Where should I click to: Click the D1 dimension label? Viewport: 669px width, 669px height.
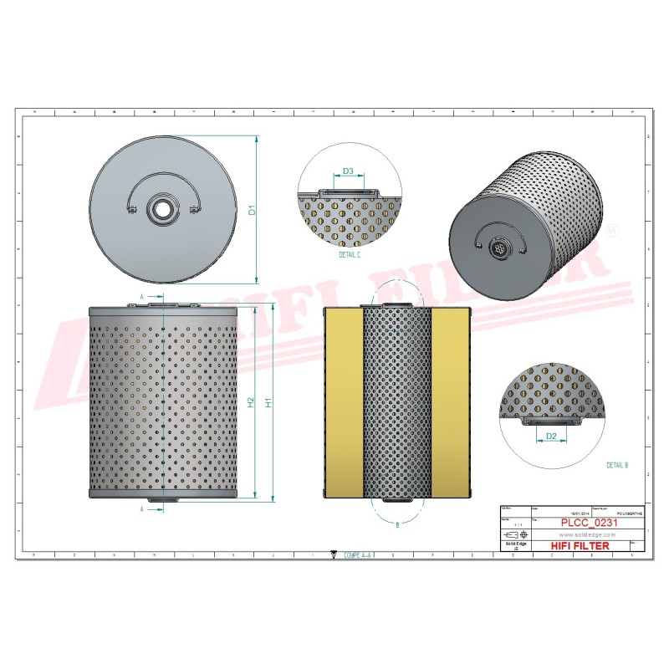(x=251, y=212)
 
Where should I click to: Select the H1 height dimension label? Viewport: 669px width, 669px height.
(x=268, y=402)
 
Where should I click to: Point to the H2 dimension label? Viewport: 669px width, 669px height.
(x=251, y=402)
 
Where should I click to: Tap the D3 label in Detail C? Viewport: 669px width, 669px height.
(x=349, y=171)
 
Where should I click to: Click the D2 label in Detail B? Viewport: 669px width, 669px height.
(x=551, y=436)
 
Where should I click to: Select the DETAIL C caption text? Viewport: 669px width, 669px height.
(x=349, y=254)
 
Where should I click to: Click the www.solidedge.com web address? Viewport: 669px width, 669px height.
(x=582, y=534)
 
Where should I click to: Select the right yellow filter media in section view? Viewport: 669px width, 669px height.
(x=452, y=402)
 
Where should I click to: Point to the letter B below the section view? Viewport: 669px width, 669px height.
(x=396, y=524)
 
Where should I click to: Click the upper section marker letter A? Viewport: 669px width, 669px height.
(x=142, y=297)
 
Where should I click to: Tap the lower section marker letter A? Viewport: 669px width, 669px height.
(x=142, y=508)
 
